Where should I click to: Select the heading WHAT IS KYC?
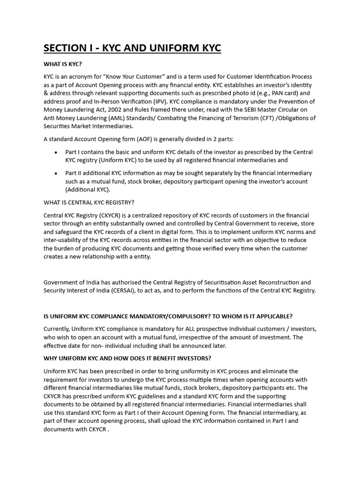click(x=65, y=64)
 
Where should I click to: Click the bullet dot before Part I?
click(x=56, y=152)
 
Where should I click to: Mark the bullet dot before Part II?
click(x=56, y=173)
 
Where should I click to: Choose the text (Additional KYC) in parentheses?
click(x=88, y=190)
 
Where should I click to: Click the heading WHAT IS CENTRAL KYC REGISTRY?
click(x=89, y=202)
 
